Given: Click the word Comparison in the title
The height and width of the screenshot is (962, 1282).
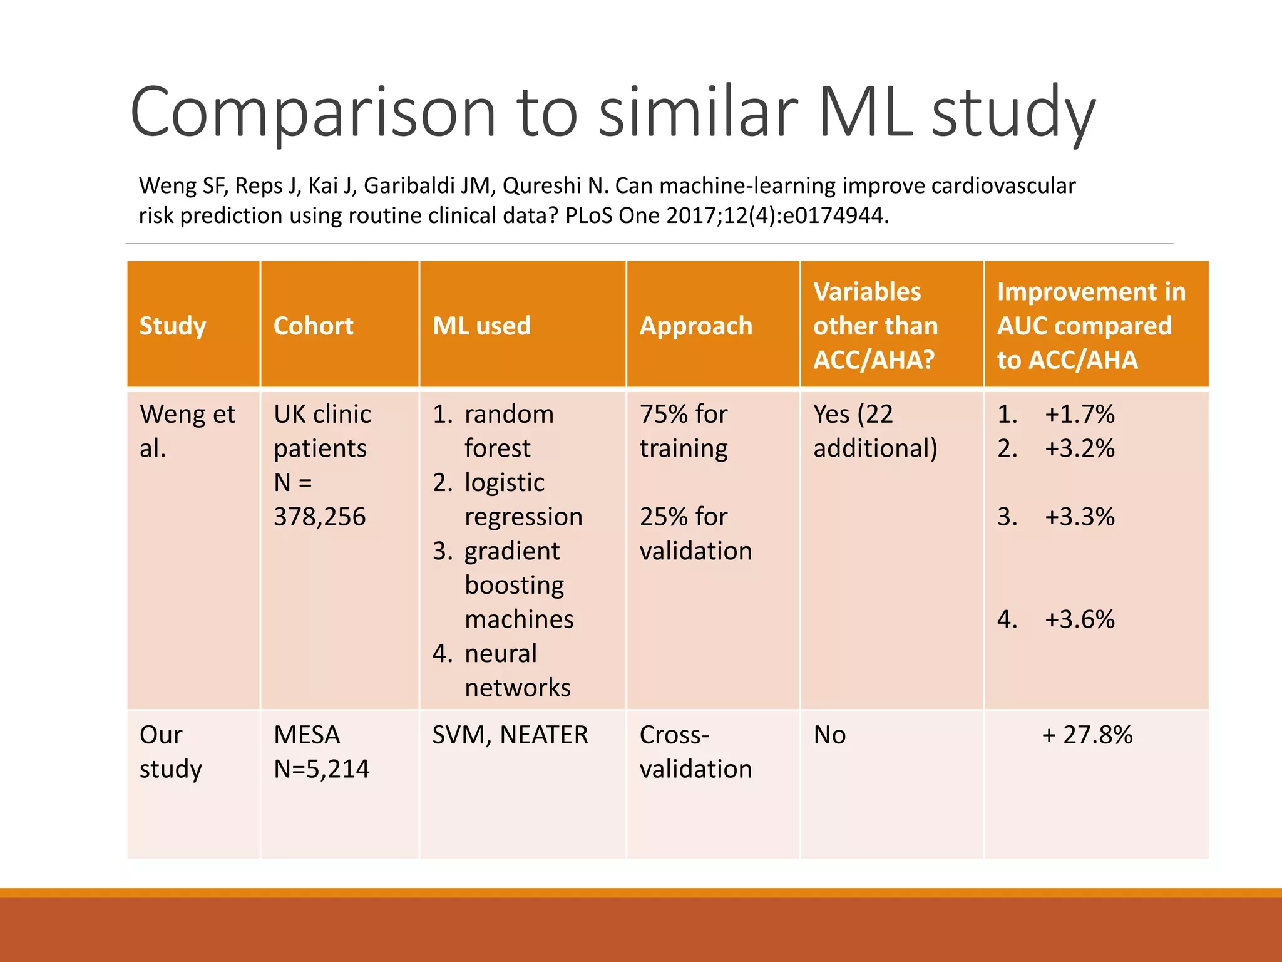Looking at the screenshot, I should point(313,113).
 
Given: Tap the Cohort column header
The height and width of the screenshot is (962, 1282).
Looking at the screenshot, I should point(313,326).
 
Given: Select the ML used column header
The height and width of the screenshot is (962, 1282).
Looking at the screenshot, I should point(481,326).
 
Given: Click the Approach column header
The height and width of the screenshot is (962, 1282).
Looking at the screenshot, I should point(695,326).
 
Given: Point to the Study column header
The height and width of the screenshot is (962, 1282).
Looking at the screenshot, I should point(172,326).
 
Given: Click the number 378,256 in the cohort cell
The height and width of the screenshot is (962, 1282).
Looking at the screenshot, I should point(319,517).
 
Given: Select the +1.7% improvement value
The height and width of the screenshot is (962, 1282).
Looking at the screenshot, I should point(1079,414).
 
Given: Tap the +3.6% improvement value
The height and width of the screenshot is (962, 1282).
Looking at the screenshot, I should point(1079,619).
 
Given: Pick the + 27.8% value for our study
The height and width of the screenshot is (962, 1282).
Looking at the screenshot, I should point(1087,735).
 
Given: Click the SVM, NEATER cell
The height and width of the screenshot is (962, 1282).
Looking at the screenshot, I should point(510,735).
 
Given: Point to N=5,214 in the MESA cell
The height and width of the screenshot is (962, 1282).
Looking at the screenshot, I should point(321,768).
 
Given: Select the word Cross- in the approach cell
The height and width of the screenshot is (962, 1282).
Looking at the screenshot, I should point(674,735).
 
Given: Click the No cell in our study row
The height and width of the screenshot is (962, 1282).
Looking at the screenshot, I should point(829,735).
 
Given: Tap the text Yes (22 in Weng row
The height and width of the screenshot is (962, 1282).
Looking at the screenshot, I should point(853,414).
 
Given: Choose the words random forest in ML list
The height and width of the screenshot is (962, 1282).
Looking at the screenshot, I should point(508,431).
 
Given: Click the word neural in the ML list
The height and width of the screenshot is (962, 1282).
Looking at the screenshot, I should point(500,653).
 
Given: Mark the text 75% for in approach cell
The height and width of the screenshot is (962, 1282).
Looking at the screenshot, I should point(683,414).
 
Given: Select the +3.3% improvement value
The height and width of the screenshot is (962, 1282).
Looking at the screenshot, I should point(1079,517).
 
